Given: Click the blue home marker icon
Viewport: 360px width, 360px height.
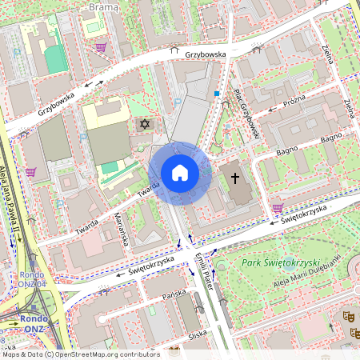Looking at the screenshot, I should (x=180, y=172).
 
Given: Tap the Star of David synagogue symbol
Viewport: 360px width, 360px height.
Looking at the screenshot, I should (x=145, y=125).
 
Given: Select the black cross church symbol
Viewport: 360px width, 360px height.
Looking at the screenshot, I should (x=235, y=177).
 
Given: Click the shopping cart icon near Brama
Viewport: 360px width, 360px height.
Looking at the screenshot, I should (x=101, y=48).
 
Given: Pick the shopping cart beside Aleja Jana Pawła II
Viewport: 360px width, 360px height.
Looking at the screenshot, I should (x=30, y=171).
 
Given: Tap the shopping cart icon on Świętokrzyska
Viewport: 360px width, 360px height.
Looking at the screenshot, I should (x=277, y=208).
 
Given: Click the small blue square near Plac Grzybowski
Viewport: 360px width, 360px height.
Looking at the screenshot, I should (x=216, y=94).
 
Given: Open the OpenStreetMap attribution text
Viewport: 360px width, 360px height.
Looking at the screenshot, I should (x=81, y=354).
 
